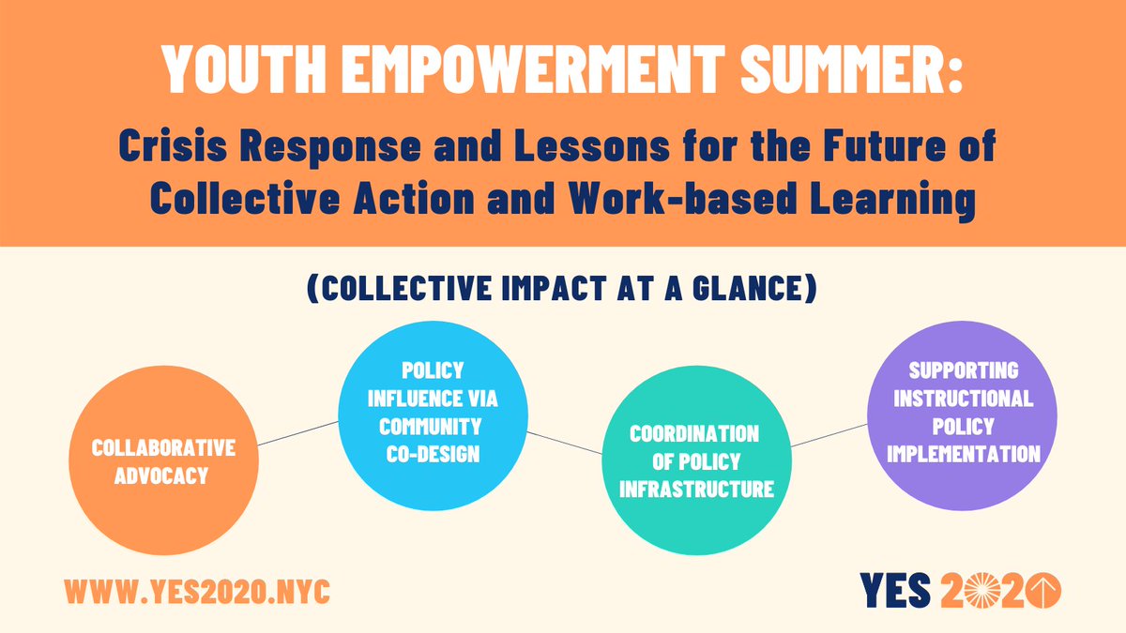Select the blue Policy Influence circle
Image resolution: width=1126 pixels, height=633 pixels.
pos(432,413)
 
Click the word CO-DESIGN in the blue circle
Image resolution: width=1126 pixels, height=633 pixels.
pos(432,454)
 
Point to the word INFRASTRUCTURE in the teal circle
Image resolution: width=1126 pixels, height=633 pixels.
pos(694,489)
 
